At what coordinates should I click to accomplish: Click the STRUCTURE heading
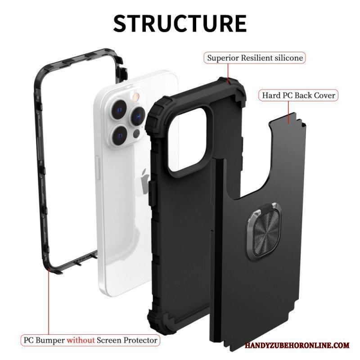click(x=180, y=23)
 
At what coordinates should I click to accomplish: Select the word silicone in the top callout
click(x=289, y=58)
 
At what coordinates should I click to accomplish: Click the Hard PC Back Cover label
click(x=298, y=95)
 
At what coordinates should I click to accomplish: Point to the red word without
click(x=81, y=340)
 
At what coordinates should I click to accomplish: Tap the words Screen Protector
click(x=127, y=340)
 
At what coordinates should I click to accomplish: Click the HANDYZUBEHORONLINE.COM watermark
click(x=297, y=346)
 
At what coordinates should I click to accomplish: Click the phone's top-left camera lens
click(x=119, y=110)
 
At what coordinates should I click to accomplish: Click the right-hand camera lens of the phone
click(x=138, y=116)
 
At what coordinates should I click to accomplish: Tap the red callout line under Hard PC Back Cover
click(x=288, y=112)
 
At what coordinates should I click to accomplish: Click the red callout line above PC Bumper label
click(x=49, y=302)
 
